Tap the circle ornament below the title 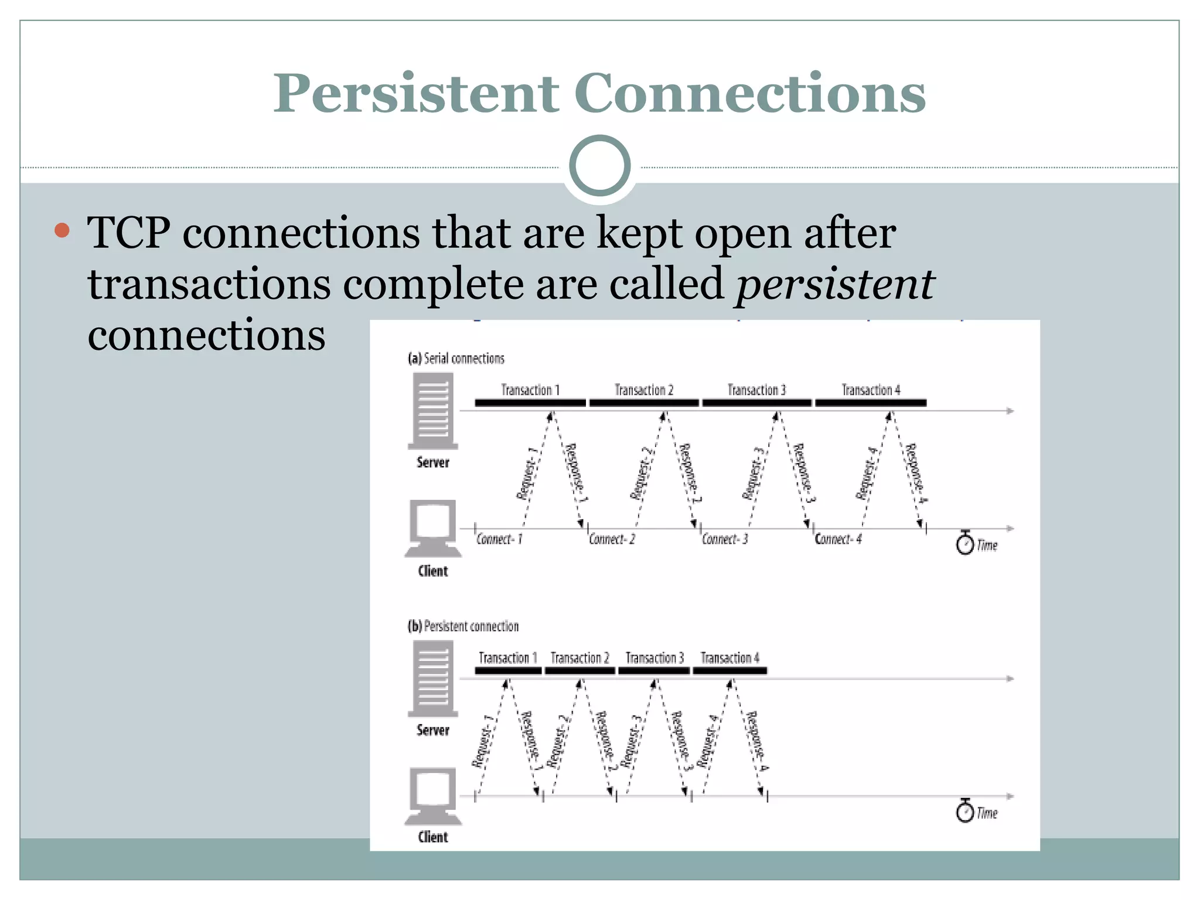point(599,166)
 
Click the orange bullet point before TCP point(62,230)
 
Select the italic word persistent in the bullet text point(834,284)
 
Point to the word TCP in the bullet point(129,233)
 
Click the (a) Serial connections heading point(456,359)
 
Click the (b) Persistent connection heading point(463,626)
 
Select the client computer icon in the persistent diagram point(432,795)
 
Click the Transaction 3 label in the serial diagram point(756,390)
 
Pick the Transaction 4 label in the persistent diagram point(729,658)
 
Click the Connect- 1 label point(499,539)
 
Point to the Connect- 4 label point(838,539)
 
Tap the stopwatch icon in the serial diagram point(964,543)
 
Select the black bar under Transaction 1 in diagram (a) point(530,403)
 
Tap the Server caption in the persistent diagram point(432,730)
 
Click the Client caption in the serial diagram point(432,571)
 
